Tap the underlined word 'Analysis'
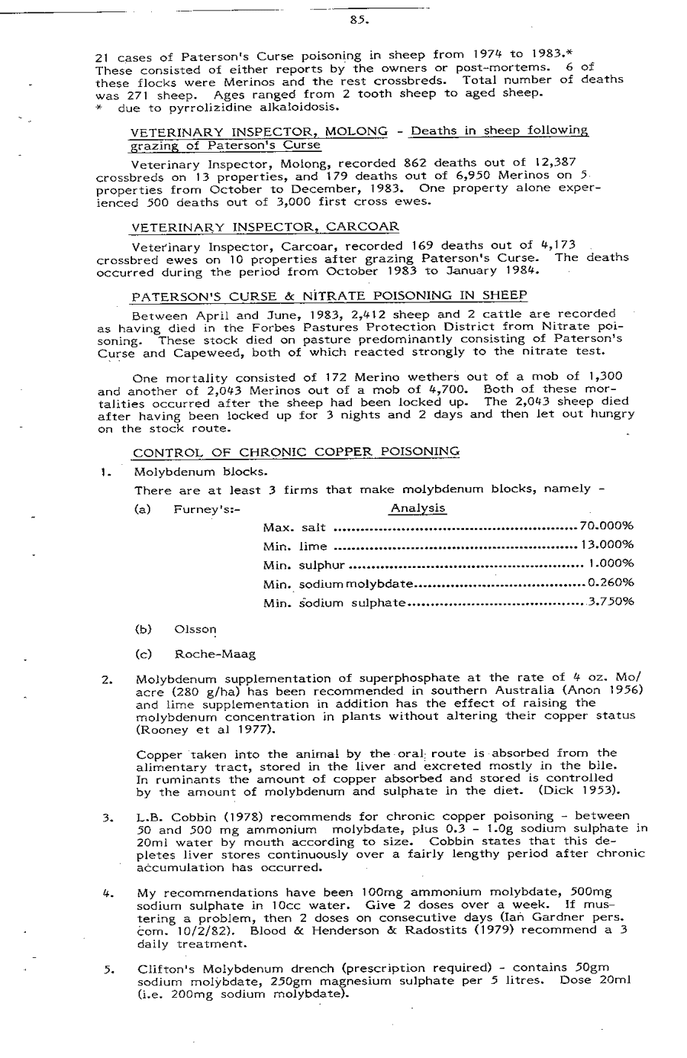(x=418, y=508)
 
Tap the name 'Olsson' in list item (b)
(x=196, y=631)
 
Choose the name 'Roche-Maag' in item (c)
(x=215, y=654)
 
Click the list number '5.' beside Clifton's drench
(x=108, y=970)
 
